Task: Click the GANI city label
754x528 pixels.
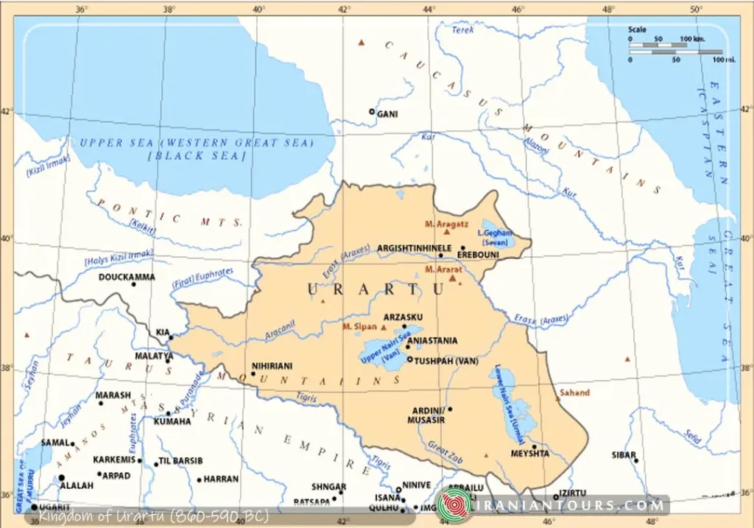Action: [387, 114]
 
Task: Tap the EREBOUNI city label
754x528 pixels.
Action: [478, 255]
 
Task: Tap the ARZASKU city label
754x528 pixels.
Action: [401, 317]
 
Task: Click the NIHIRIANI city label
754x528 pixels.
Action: [272, 365]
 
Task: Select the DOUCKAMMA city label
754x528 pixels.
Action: [127, 277]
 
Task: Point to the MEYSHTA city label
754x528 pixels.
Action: [530, 454]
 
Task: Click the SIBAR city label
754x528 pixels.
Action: [623, 455]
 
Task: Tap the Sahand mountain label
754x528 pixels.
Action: [574, 393]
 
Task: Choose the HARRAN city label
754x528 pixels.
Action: [221, 479]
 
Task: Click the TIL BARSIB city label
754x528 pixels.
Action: [180, 462]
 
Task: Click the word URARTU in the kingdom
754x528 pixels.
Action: [376, 289]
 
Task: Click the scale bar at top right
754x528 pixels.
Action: [674, 48]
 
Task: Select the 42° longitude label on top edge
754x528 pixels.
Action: [344, 8]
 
